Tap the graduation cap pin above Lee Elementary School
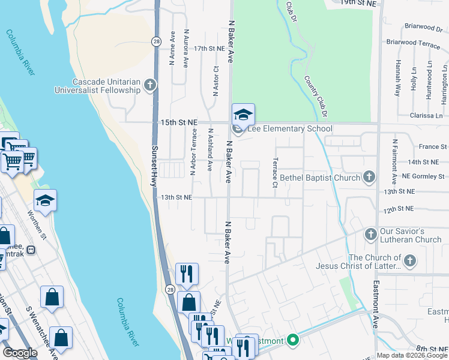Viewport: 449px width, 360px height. click(243, 114)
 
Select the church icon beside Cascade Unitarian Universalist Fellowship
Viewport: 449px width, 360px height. click(149, 86)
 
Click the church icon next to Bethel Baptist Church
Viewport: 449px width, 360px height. click(369, 177)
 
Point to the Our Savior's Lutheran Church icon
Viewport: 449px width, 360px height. click(371, 233)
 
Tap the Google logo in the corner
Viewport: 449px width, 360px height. click(20, 352)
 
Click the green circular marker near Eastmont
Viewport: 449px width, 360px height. click(293, 341)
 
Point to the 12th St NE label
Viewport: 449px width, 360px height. click(399, 208)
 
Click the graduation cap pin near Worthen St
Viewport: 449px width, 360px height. click(45, 200)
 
